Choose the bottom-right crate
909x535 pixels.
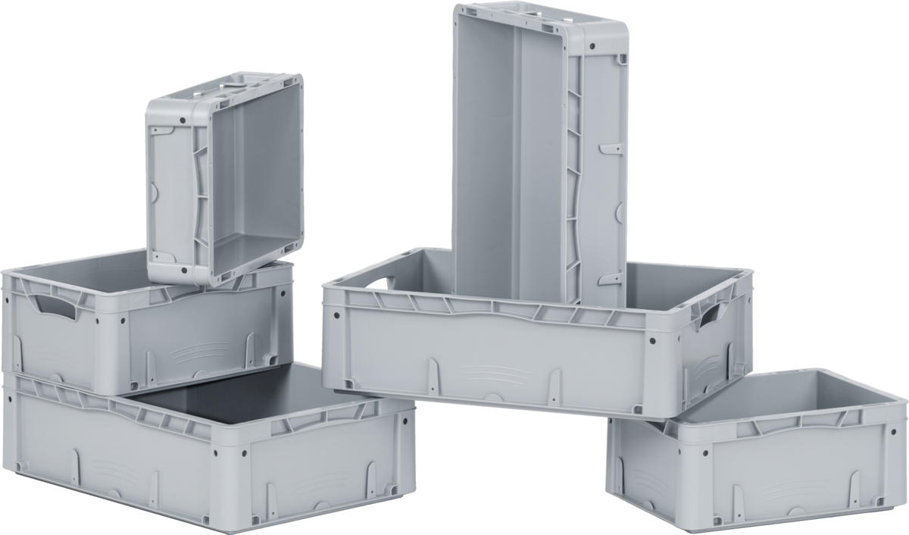coord(757,455)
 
